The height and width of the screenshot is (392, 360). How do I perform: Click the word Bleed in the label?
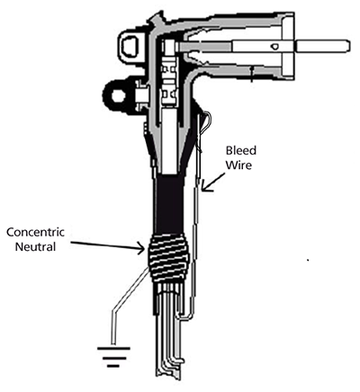tap(241, 150)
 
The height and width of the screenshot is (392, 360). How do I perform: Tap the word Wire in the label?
tap(238, 165)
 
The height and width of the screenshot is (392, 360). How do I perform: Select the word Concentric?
tap(35, 232)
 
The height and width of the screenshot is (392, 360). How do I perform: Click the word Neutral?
tap(35, 246)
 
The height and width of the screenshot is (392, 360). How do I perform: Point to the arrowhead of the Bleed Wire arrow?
tap(205, 187)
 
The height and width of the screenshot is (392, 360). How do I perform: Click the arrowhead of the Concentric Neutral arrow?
tap(142, 248)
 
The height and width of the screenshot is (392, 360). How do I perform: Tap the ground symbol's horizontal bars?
tap(113, 357)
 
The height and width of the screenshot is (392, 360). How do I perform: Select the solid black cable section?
tap(170, 204)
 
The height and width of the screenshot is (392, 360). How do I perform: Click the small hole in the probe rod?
tap(275, 46)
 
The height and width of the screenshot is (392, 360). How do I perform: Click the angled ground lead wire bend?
tap(114, 312)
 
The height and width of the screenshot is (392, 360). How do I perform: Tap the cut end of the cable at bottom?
tap(168, 376)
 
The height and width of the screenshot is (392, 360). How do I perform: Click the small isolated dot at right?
tap(308, 260)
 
